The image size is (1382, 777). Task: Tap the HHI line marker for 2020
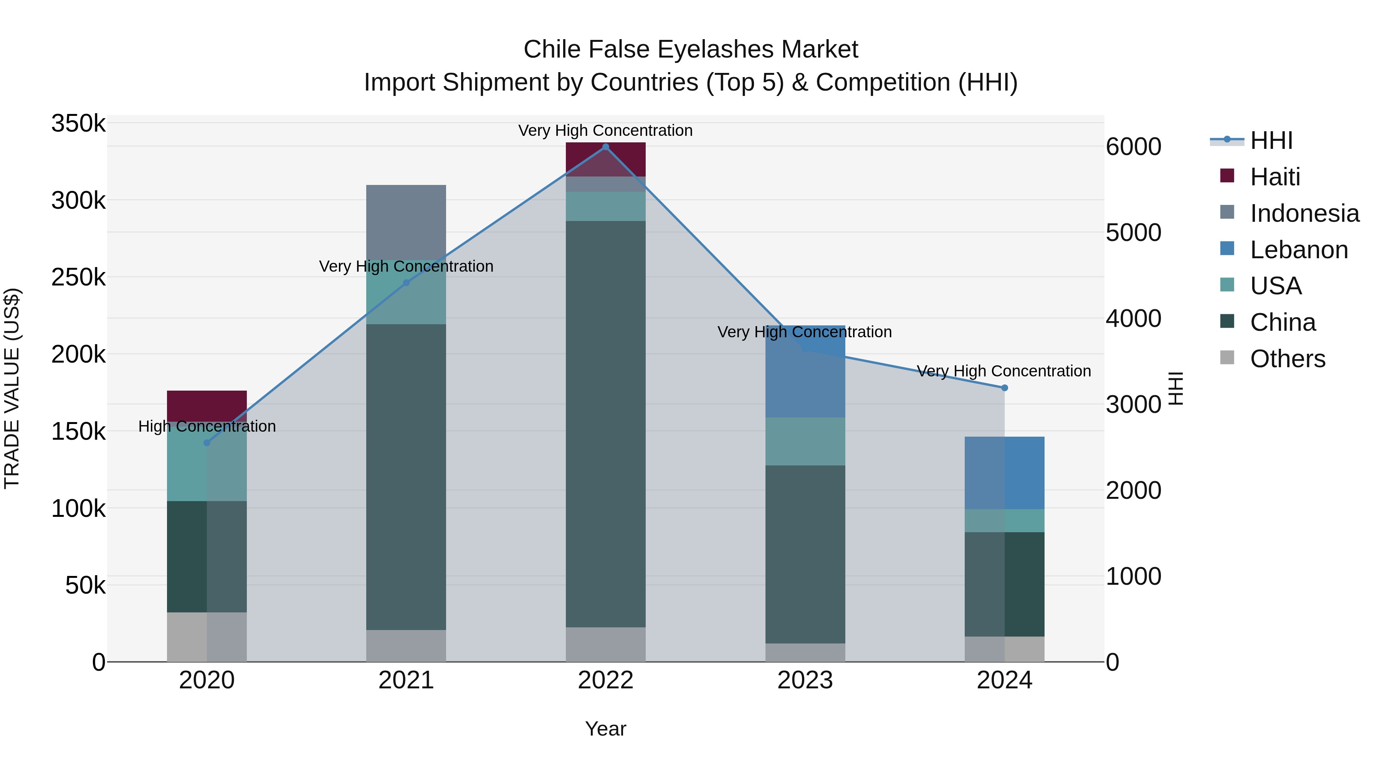(x=207, y=443)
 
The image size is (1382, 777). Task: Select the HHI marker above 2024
(x=1004, y=388)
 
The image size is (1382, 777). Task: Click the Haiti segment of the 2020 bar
(x=207, y=406)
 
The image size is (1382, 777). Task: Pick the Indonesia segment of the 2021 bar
(x=406, y=223)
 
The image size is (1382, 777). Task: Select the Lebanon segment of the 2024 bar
(x=1004, y=473)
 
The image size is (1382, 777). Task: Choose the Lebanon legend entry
(x=1298, y=250)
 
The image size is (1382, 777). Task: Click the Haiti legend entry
(x=1275, y=177)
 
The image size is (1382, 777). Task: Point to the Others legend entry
(x=1287, y=359)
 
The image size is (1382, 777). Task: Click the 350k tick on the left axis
(x=78, y=124)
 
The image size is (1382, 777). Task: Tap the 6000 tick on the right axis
(x=1133, y=147)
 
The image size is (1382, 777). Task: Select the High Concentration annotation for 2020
(x=207, y=426)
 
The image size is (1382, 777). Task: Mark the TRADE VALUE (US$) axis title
(x=12, y=388)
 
